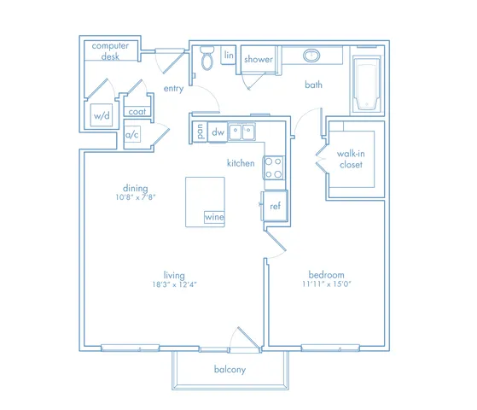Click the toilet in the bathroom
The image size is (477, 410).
coord(207,57)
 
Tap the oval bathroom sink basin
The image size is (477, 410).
coord(311,56)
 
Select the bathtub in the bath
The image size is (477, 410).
coord(367,83)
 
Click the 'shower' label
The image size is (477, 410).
coord(259,59)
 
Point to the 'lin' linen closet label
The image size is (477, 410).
coord(229,55)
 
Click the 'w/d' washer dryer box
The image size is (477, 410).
coord(102,114)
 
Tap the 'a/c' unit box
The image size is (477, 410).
coord(132,134)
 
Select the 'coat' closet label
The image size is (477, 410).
coord(137,112)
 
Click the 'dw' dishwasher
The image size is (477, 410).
coord(218,132)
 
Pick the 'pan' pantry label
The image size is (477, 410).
coord(200,132)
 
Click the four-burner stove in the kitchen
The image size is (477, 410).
coord(273,167)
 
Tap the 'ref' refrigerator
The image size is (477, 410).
coord(275,206)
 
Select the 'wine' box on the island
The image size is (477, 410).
coord(214,217)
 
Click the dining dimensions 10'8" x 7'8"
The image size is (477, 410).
coord(136,197)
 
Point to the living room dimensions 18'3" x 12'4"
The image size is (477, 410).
coord(174,284)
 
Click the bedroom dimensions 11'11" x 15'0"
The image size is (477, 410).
coord(327,284)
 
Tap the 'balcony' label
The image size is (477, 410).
coord(230,370)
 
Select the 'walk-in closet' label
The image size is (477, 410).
coord(351,159)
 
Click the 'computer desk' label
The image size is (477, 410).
coord(110,51)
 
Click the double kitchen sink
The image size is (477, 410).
coord(241,132)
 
